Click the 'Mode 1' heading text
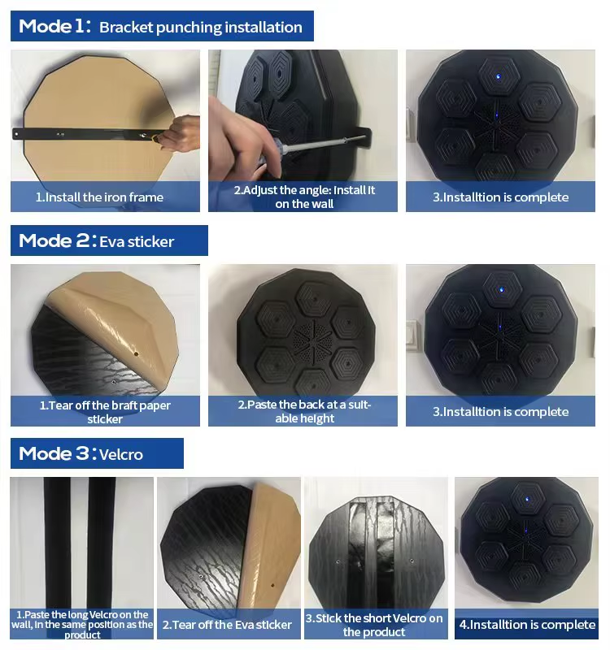click(x=54, y=26)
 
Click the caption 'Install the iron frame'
click(x=99, y=197)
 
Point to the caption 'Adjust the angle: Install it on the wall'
click(x=304, y=197)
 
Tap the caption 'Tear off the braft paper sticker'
click(x=105, y=412)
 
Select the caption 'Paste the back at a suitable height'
click(x=304, y=411)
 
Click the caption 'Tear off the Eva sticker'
click(x=227, y=625)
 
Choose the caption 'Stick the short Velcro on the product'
click(x=374, y=625)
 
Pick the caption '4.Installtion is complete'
click(x=527, y=624)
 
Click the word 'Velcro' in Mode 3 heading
click(x=120, y=454)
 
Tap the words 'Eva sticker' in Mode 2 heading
click(x=137, y=241)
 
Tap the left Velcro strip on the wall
click(x=57, y=543)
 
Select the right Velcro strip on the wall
click(x=101, y=543)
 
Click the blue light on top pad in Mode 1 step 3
click(x=499, y=76)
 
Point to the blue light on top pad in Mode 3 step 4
click(x=527, y=499)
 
